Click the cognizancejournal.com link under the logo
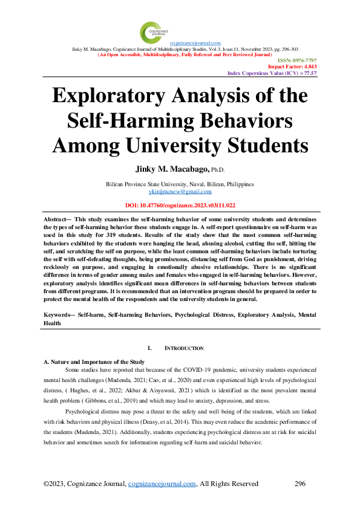point(195,43)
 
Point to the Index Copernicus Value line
point(272,73)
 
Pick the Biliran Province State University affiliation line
point(180,184)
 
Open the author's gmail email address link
point(180,190)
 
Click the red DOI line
point(180,205)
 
